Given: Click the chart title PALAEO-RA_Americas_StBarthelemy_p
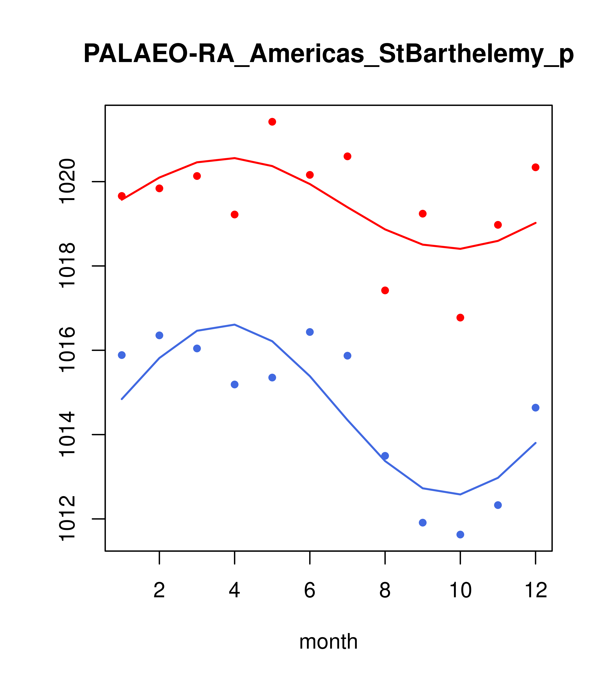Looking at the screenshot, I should click(328, 54).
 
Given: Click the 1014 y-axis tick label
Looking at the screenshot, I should click(67, 434).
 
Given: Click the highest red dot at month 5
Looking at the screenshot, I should click(272, 122).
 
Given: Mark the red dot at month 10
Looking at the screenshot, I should click(460, 318).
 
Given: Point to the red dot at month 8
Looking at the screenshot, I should click(385, 290).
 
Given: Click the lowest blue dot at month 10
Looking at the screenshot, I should click(460, 535).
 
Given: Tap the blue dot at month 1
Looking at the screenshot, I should click(122, 355).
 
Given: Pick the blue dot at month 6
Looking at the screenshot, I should click(310, 332).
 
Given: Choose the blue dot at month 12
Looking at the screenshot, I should click(536, 408).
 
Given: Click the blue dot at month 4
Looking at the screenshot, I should click(234, 385).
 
